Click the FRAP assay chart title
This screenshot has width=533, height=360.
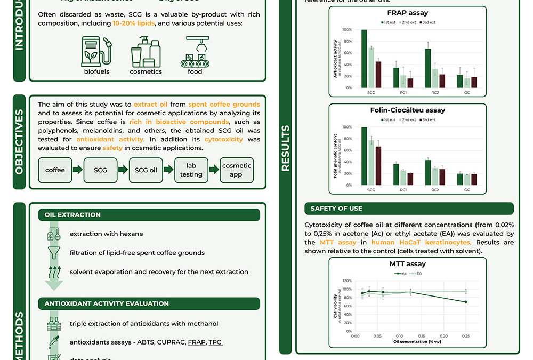(407, 12)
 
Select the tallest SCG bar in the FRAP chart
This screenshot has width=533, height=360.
(364, 59)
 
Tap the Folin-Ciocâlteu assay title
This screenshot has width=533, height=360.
(407, 110)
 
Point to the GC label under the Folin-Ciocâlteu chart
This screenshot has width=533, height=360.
(467, 190)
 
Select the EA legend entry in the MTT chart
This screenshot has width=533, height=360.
(416, 273)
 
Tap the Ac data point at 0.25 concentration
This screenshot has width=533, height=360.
(466, 302)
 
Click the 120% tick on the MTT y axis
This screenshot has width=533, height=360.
(347, 281)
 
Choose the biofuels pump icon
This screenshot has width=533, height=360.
(96, 51)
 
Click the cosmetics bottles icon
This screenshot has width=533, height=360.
(146, 52)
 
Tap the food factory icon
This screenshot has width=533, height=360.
(195, 52)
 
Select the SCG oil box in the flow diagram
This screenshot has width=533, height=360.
(146, 170)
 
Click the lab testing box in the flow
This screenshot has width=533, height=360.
(191, 170)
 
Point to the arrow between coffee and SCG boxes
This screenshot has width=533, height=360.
(78, 170)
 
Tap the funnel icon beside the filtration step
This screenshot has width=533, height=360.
(54, 252)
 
